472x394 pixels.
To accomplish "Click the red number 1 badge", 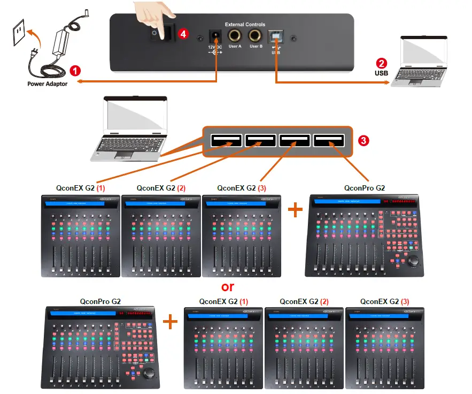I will point(76,70).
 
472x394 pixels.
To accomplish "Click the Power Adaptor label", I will point(48,84).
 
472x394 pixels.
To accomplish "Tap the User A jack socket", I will point(235,35).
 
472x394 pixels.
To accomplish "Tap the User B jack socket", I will point(256,35).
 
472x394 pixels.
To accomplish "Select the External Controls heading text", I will point(245,24).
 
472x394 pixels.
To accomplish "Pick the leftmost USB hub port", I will point(226,141).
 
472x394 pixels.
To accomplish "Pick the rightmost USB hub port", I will point(329,141).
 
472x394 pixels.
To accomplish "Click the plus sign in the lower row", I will point(170,322).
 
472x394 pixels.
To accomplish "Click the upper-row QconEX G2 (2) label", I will point(161,188).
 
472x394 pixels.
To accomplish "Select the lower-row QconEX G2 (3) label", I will point(385,301).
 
